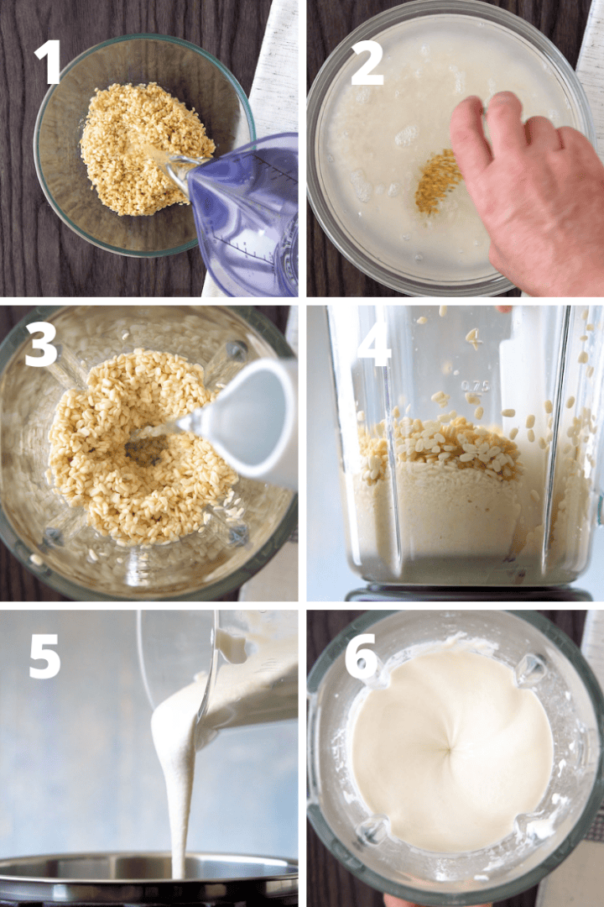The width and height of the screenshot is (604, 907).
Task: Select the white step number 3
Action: pyautogui.click(x=42, y=346)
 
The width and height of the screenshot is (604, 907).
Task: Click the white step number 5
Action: pyautogui.click(x=44, y=656)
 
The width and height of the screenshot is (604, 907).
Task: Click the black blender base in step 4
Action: pyautogui.click(x=470, y=593)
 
